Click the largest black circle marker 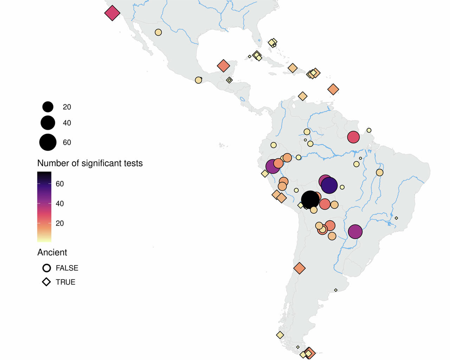click(x=310, y=200)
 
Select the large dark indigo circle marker click(x=329, y=185)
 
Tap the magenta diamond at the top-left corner click(x=112, y=13)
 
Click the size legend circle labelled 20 click(x=48, y=107)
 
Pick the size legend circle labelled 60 click(x=48, y=142)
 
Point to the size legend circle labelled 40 click(x=48, y=123)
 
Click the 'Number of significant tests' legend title click(x=90, y=163)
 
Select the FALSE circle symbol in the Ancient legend click(x=46, y=268)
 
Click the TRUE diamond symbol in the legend click(x=46, y=282)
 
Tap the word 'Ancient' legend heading click(x=52, y=252)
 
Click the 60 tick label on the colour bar click(x=60, y=184)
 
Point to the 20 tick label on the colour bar click(x=60, y=223)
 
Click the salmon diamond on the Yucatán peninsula click(x=223, y=66)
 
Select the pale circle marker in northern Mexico click(x=158, y=32)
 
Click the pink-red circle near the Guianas click(x=353, y=137)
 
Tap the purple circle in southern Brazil click(x=355, y=232)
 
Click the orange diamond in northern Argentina click(x=299, y=268)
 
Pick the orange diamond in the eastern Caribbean click(x=333, y=89)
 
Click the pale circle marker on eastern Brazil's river click(x=379, y=173)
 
